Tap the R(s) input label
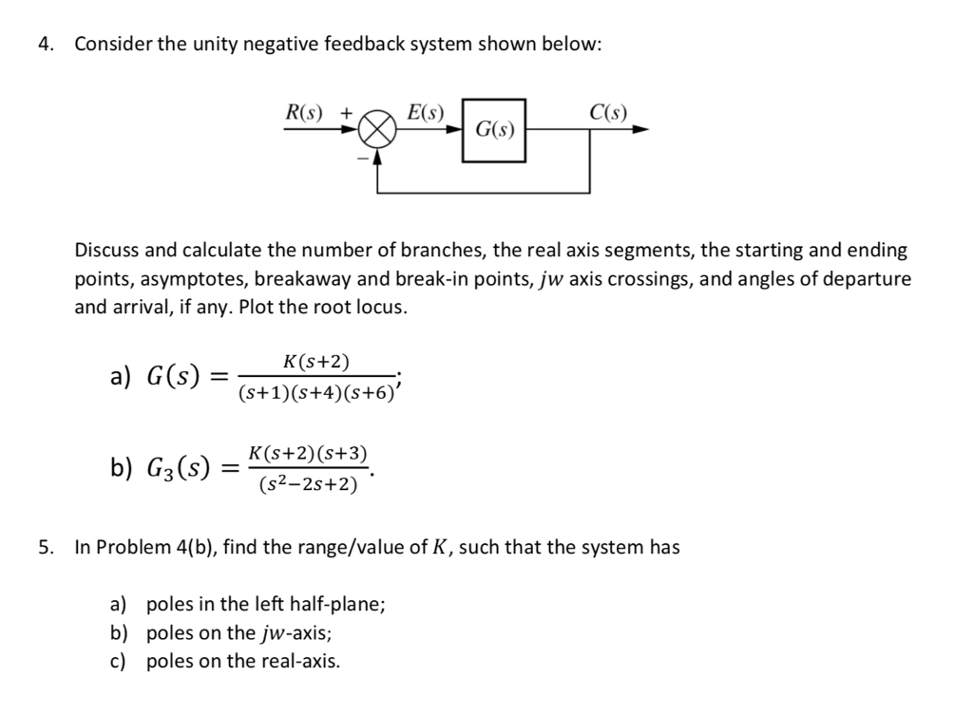(x=304, y=112)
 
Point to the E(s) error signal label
(x=425, y=112)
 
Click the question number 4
(x=45, y=44)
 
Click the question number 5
(x=45, y=547)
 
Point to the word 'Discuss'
(x=106, y=251)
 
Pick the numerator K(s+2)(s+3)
(x=308, y=454)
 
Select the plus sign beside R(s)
(x=347, y=112)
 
